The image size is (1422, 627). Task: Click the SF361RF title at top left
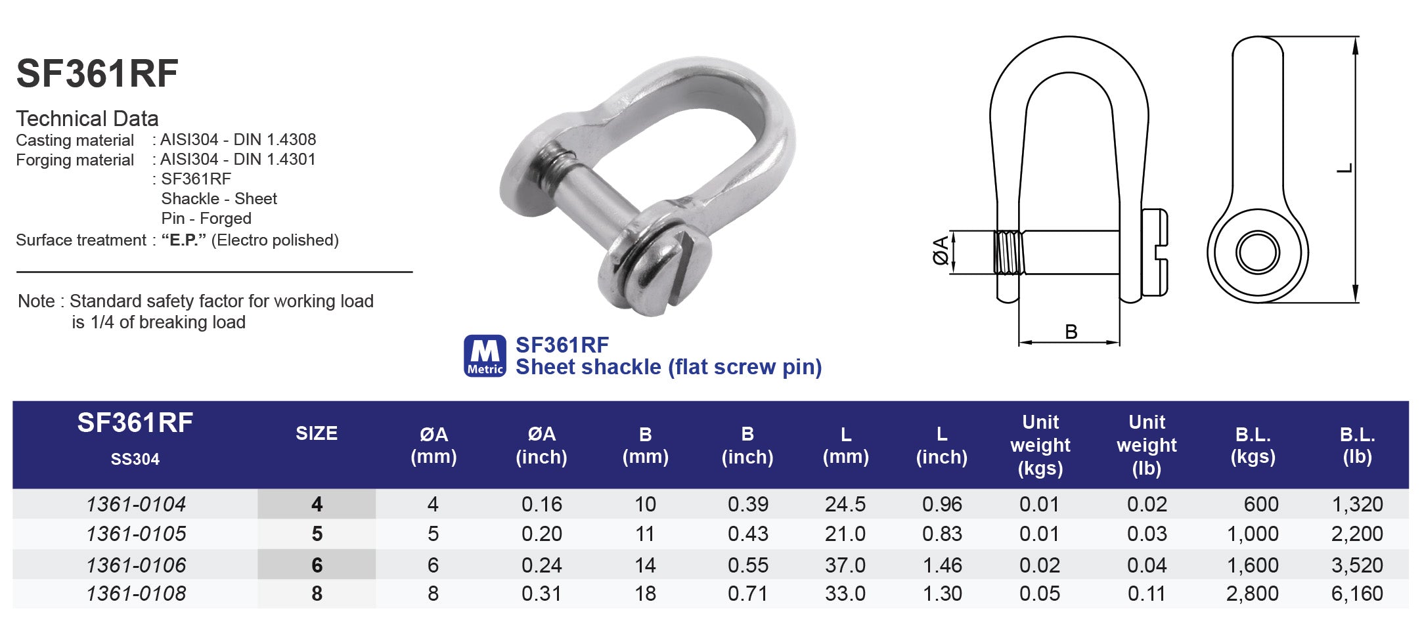click(97, 74)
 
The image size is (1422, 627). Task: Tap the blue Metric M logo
click(485, 356)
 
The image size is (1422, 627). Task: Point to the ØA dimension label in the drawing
click(941, 250)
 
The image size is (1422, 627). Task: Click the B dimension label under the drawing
click(1071, 332)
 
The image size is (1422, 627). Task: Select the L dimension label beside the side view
click(1344, 168)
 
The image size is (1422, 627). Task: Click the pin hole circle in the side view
click(1257, 252)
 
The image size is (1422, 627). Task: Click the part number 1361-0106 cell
click(136, 565)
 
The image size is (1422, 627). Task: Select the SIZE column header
click(317, 433)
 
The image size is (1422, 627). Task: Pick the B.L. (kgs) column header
click(1253, 445)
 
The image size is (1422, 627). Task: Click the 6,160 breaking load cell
click(1356, 594)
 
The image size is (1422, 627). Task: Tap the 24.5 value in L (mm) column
click(845, 504)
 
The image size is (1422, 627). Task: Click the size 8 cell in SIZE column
click(317, 594)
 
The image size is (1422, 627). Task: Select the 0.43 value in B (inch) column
click(747, 534)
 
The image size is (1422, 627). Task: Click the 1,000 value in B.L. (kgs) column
click(1252, 534)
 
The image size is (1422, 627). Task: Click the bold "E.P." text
click(184, 240)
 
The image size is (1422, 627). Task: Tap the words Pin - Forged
click(206, 219)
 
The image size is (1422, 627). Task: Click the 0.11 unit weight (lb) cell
click(1146, 594)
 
